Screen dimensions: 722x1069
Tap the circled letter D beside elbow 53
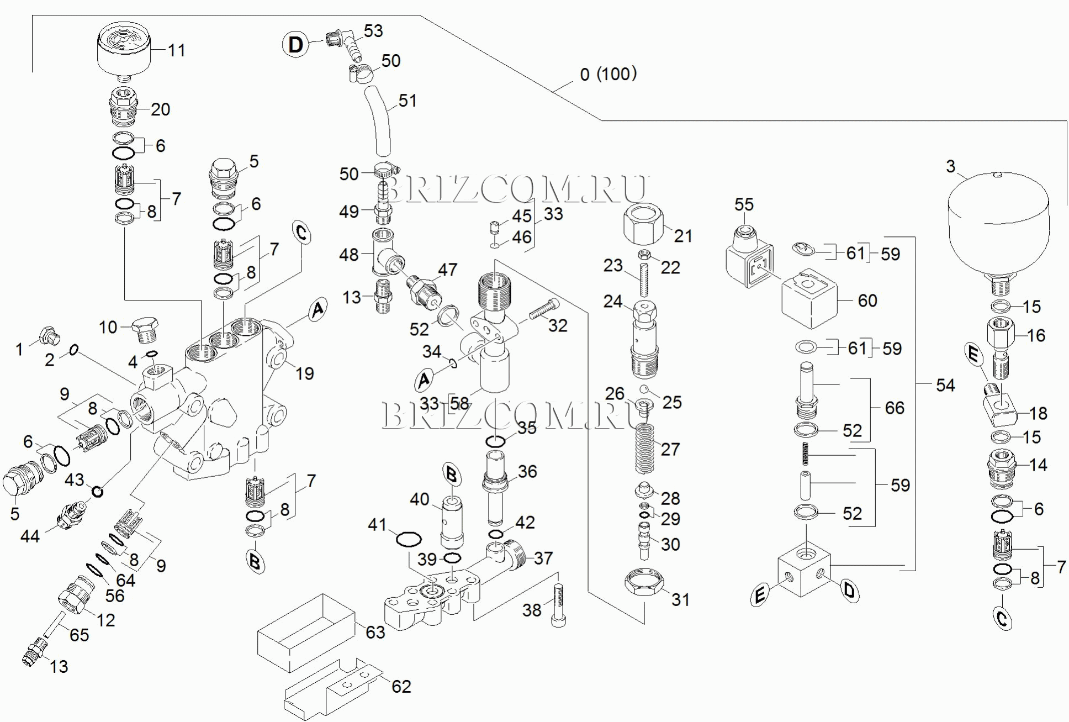296,44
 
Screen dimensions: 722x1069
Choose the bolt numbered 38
557,606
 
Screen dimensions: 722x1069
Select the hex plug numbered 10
145,330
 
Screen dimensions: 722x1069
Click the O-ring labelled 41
409,539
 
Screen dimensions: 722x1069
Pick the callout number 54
945,385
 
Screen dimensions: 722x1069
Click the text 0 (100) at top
608,74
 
